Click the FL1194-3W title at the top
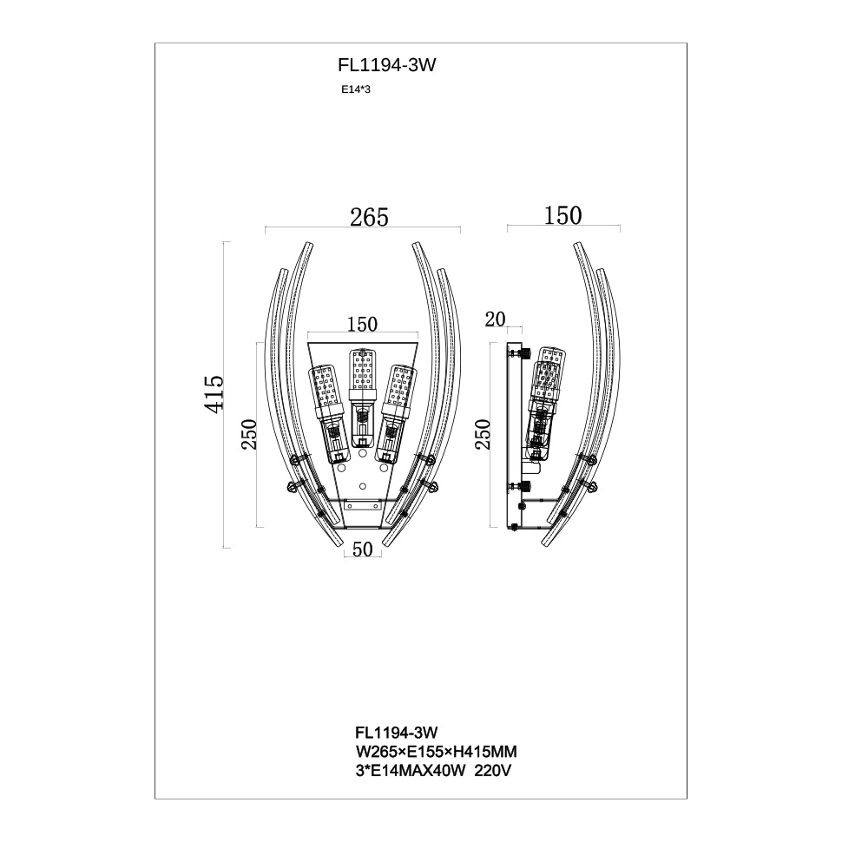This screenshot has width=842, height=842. (x=386, y=65)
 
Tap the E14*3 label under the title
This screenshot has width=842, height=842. (x=356, y=89)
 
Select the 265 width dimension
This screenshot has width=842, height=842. (x=369, y=218)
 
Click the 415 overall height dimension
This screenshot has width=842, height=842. (x=214, y=394)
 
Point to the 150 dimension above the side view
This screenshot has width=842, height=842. (x=562, y=216)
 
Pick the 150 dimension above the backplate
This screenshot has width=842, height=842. (x=362, y=325)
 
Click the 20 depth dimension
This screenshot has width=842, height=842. (x=495, y=319)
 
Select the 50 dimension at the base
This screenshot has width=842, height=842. (x=363, y=549)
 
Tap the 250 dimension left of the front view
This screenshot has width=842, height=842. (x=250, y=434)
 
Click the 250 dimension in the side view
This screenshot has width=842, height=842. (x=483, y=434)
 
